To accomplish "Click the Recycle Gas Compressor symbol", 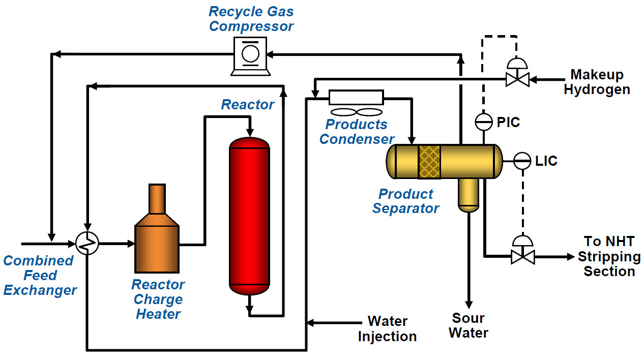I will coord(250,55).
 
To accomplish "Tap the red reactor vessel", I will coord(249,216).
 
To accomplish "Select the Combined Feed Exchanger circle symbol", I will coord(87,244).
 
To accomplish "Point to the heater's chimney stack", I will coord(157,199).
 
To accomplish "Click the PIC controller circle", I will coord(483,122).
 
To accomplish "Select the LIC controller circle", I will coord(522,161).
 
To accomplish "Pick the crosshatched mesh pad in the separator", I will coord(429,161).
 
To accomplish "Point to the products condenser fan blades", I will coord(356,112).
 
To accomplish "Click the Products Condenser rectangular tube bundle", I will coord(356,97).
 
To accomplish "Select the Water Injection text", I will coord(387,329).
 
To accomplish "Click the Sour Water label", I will coord(469,325).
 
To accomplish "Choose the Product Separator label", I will coord(405,201).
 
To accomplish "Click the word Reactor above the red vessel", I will coord(248,105).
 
